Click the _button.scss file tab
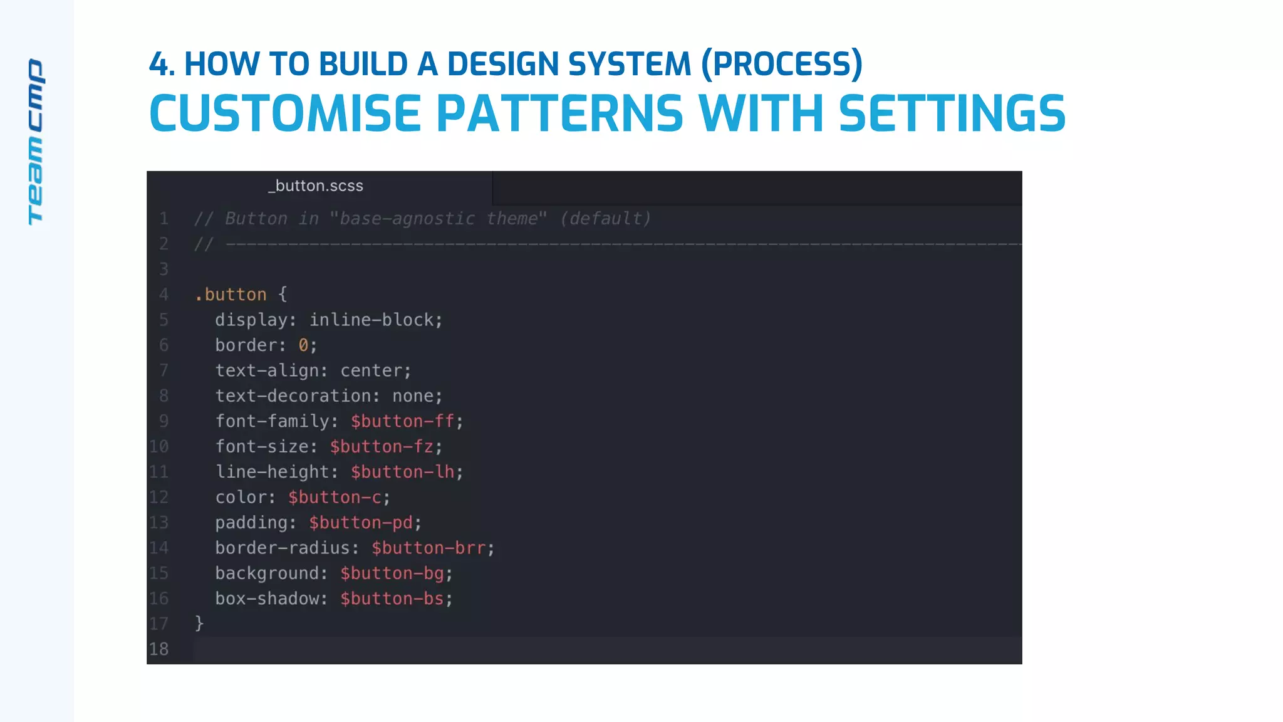pos(316,186)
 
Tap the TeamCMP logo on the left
pos(36,142)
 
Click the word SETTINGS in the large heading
pos(952,114)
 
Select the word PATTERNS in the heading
pos(559,114)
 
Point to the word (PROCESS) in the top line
pos(782,64)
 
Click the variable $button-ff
pos(402,421)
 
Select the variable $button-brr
pos(429,548)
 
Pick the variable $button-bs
pos(392,599)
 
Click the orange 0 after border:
pos(303,345)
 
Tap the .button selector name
pos(231,295)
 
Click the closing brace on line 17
pos(199,623)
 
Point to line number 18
pos(159,649)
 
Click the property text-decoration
pos(293,396)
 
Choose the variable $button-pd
pos(361,523)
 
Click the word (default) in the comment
pos(605,219)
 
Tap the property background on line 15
pos(267,573)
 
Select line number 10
pos(159,446)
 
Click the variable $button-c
pos(335,498)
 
